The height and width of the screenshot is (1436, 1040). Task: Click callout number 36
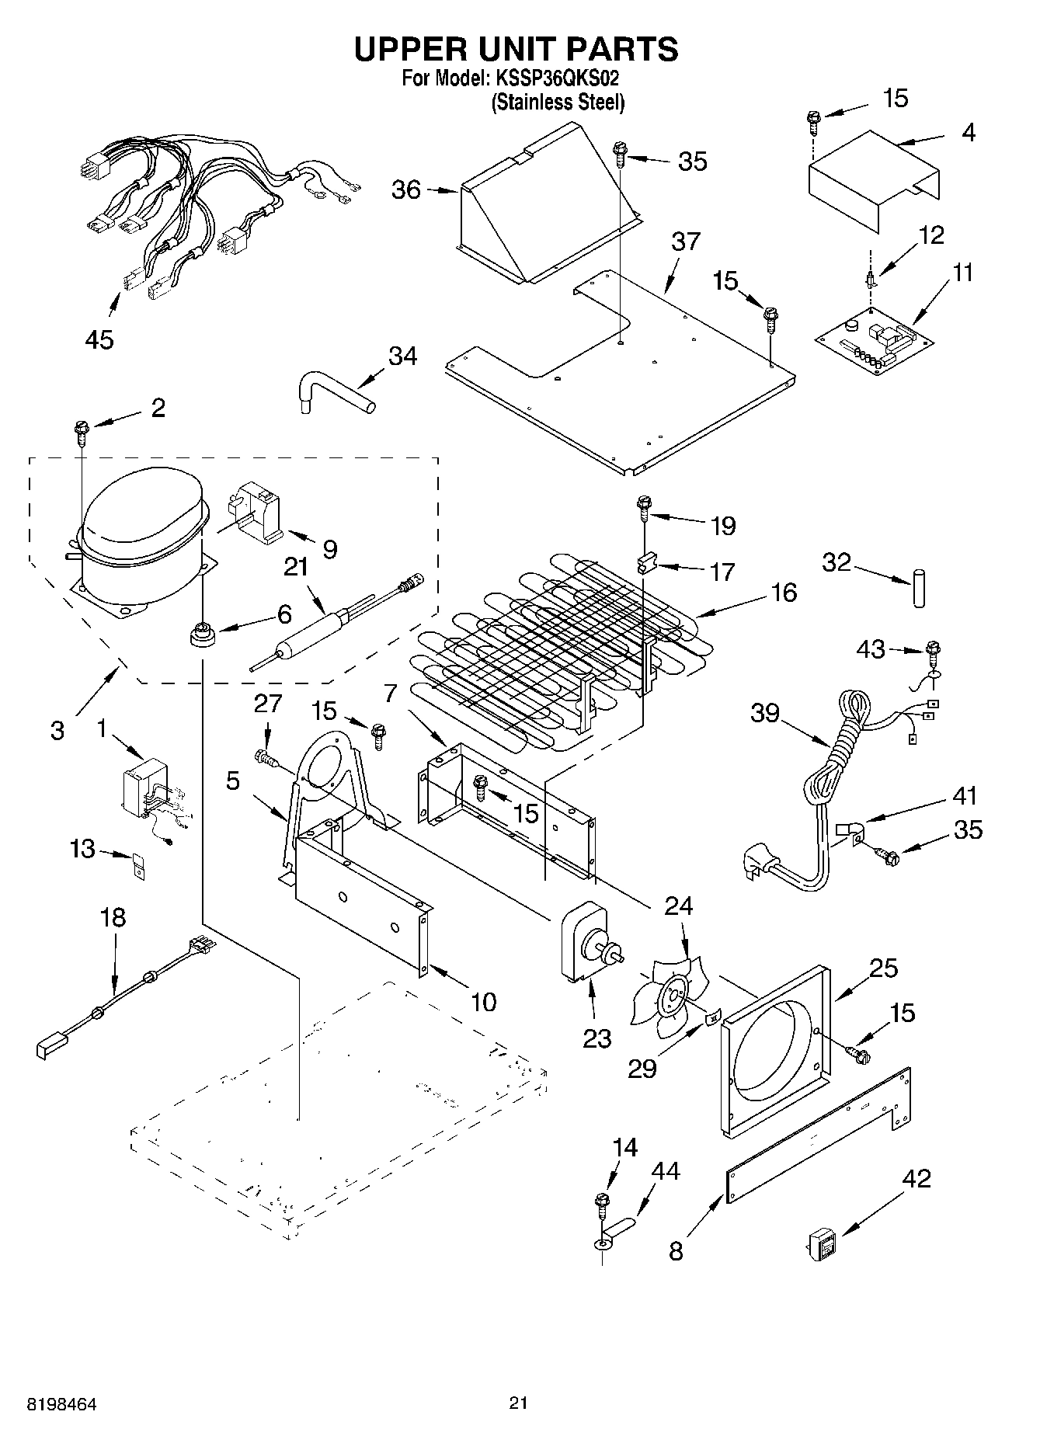(405, 189)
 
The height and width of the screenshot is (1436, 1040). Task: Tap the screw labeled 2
(81, 429)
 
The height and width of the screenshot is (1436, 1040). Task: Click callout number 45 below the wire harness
(99, 339)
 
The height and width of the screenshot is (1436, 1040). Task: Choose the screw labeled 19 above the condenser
(644, 506)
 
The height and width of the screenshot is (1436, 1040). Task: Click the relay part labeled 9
(256, 513)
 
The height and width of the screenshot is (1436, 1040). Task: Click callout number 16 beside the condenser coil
(784, 593)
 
